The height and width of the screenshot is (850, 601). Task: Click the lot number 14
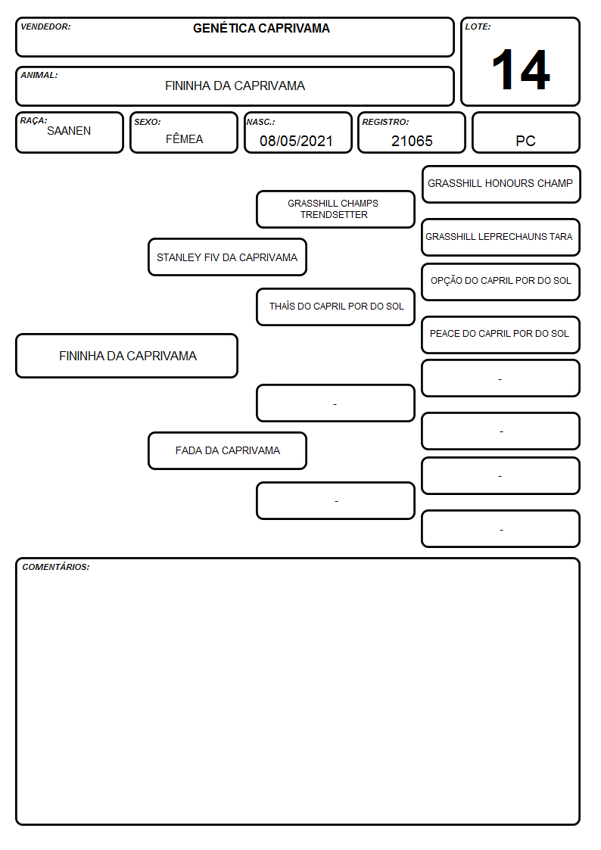tap(521, 70)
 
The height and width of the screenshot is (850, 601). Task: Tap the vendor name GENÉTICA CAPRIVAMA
tap(261, 28)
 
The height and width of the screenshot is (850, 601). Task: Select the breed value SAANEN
tap(69, 131)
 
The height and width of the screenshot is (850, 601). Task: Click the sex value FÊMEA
tap(184, 139)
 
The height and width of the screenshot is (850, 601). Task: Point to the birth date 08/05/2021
tap(296, 141)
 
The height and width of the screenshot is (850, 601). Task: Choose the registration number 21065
tap(412, 141)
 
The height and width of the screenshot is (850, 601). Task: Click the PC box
tap(525, 132)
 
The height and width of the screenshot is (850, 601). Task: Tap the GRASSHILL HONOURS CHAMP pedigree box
tap(501, 185)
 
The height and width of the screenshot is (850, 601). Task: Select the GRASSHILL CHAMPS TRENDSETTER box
tap(335, 209)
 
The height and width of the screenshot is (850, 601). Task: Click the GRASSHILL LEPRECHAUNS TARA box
tap(501, 237)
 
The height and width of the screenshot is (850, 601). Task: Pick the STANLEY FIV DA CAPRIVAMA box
tap(227, 257)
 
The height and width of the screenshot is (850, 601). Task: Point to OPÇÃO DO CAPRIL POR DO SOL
tap(501, 281)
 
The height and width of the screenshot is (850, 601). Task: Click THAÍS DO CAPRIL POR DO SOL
tap(337, 307)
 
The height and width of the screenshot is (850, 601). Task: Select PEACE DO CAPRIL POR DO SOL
tap(500, 333)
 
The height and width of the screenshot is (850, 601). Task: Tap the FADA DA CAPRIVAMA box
tap(227, 450)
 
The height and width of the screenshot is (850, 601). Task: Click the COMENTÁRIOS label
tap(56, 567)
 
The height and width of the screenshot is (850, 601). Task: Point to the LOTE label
tap(478, 26)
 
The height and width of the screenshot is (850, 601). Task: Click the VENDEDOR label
tap(45, 26)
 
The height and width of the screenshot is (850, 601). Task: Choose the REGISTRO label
tap(385, 122)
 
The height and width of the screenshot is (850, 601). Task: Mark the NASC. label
tap(260, 122)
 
